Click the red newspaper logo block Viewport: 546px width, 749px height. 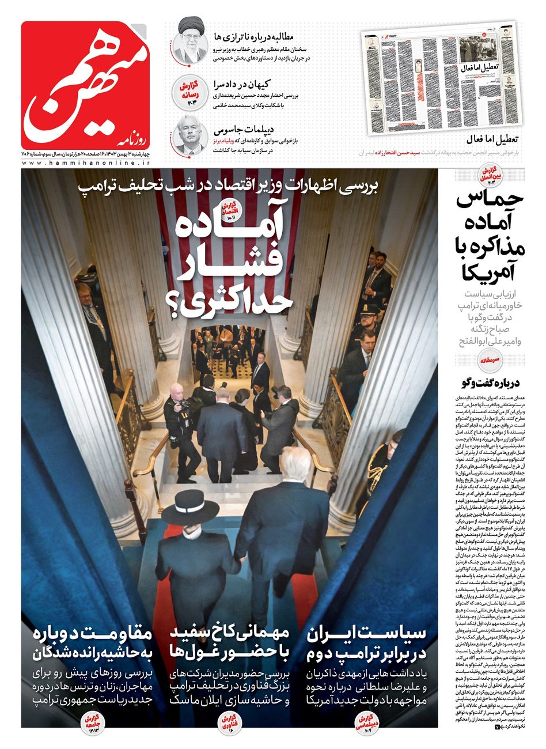click(x=86, y=85)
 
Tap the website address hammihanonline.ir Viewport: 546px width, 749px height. click(x=86, y=164)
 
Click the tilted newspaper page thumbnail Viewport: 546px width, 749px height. click(x=441, y=77)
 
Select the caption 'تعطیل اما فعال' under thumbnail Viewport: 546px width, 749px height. click(x=492, y=140)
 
